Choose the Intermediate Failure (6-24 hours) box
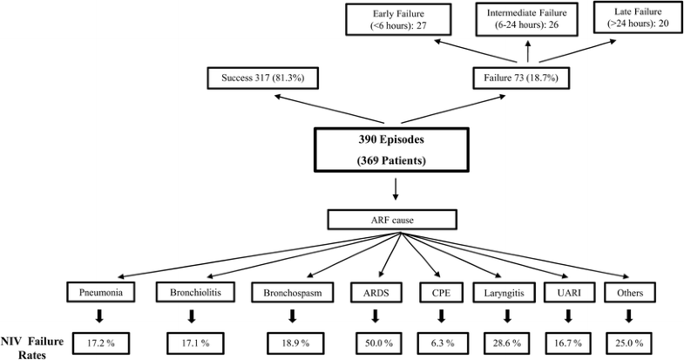pos(527,19)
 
